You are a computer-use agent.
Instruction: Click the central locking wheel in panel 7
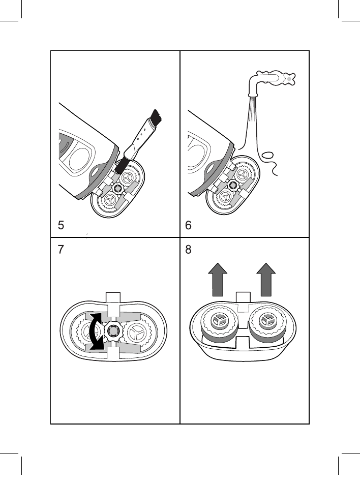coord(113,331)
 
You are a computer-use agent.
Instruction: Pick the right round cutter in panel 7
coord(136,332)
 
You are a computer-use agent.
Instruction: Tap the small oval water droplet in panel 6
coord(268,156)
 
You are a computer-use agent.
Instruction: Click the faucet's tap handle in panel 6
coord(288,79)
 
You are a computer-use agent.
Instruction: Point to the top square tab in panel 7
coord(113,300)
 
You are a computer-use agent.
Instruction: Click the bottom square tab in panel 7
coord(113,354)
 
